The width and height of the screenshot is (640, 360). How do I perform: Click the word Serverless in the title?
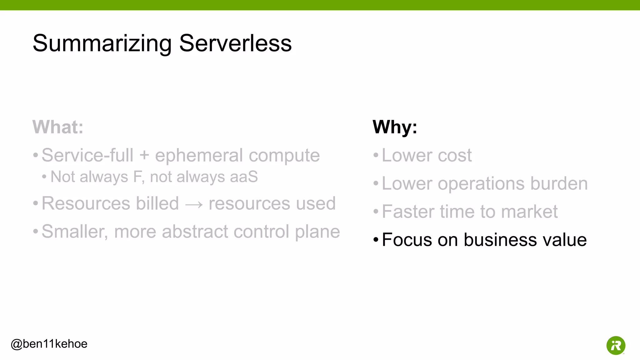235,43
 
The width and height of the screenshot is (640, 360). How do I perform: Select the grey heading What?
58,127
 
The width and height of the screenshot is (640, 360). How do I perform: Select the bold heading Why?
395,127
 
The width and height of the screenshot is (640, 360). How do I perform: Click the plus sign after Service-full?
144,155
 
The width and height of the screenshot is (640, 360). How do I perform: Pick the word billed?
157,203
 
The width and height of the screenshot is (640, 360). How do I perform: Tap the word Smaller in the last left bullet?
74,232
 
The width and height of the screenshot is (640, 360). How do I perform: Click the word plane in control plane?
317,232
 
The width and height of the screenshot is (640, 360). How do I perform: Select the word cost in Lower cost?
455,155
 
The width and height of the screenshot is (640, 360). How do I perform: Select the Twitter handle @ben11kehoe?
49,344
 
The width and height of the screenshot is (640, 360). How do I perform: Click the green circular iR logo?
616,345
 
